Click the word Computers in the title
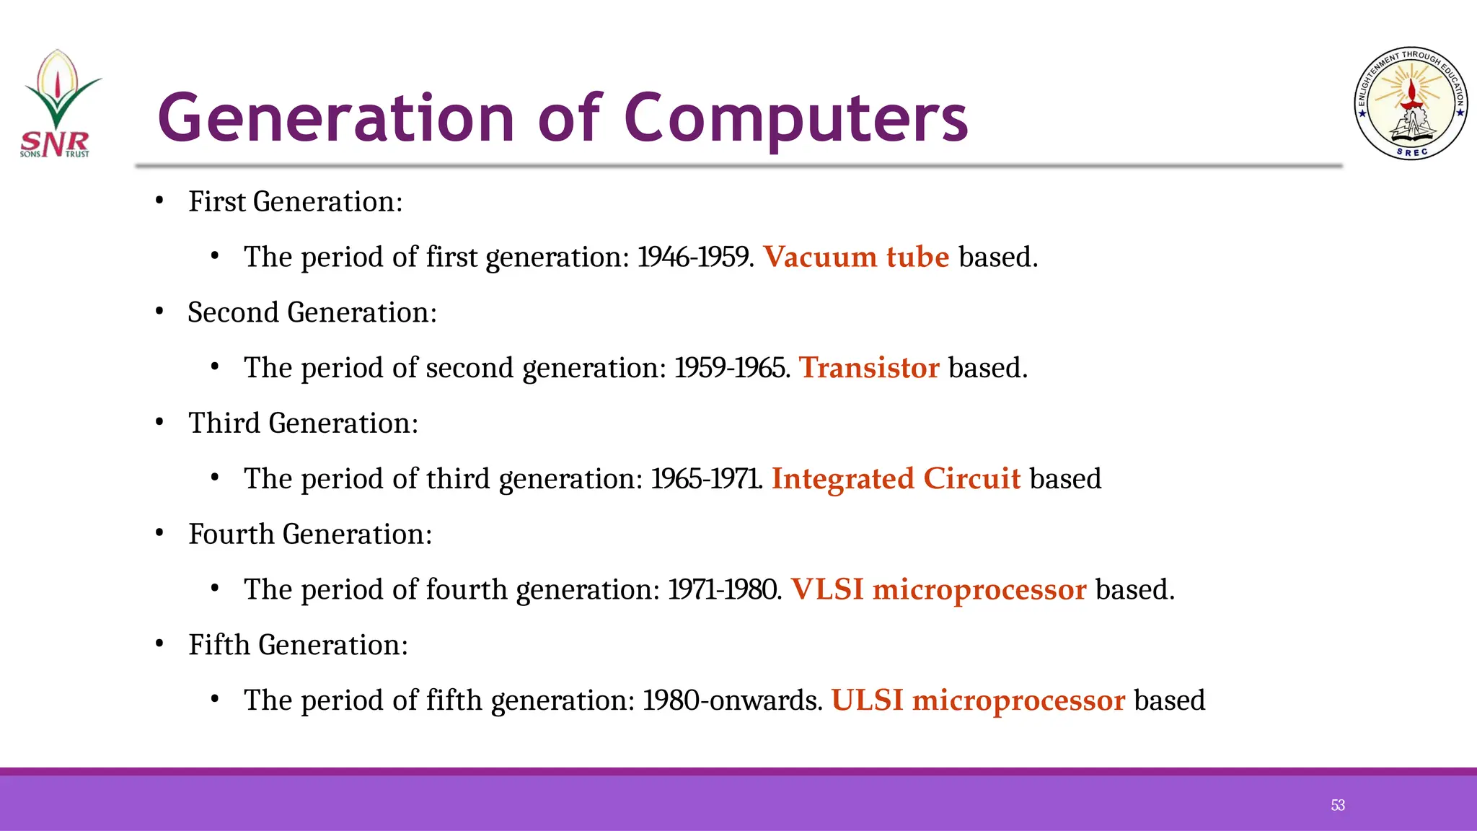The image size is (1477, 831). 795,119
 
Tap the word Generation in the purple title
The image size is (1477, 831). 336,119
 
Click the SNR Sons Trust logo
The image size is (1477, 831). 57,105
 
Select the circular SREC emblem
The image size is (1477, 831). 1411,104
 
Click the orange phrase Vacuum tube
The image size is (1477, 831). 856,258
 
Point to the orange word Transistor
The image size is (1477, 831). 869,368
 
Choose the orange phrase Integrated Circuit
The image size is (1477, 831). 896,479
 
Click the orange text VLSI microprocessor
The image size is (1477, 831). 938,590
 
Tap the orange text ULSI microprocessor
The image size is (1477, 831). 978,700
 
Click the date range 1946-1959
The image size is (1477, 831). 695,258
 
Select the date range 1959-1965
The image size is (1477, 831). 731,368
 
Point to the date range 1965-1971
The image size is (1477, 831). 706,479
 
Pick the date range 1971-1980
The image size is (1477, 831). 723,590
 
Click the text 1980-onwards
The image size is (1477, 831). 731,700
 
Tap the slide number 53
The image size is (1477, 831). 1338,805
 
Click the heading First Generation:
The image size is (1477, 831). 295,202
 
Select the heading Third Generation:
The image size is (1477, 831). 303,423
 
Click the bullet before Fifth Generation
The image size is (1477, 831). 160,643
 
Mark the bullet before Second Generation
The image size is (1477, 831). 160,312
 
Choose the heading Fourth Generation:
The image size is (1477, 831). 310,535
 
